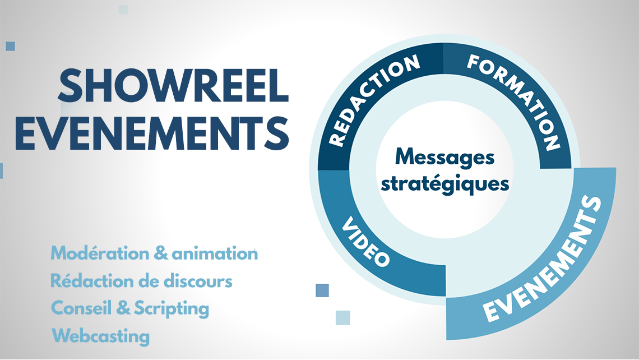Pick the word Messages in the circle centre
(445, 157)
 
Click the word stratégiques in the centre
(445, 183)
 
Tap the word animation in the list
(215, 253)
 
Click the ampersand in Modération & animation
(161, 253)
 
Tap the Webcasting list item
(101, 336)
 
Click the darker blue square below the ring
(322, 290)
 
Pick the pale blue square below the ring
(342, 317)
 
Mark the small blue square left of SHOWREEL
(10, 47)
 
